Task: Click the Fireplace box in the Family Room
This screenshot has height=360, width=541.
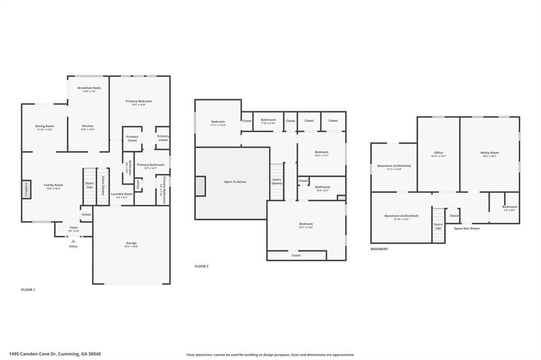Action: pyautogui.click(x=26, y=190)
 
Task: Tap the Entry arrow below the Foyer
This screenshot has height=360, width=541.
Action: pyautogui.click(x=73, y=241)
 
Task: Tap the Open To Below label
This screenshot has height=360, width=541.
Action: pyautogui.click(x=235, y=182)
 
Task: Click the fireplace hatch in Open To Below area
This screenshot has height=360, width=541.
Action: pyautogui.click(x=200, y=186)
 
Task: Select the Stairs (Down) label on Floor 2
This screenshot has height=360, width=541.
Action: pyautogui.click(x=277, y=182)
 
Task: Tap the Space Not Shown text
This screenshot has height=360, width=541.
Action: pyautogui.click(x=467, y=229)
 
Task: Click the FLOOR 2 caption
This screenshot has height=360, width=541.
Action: pyautogui.click(x=201, y=267)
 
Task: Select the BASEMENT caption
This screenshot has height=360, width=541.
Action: pyautogui.click(x=379, y=249)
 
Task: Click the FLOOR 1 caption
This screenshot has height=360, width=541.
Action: pyautogui.click(x=27, y=290)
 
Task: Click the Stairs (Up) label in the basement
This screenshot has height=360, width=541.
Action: pyautogui.click(x=438, y=226)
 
